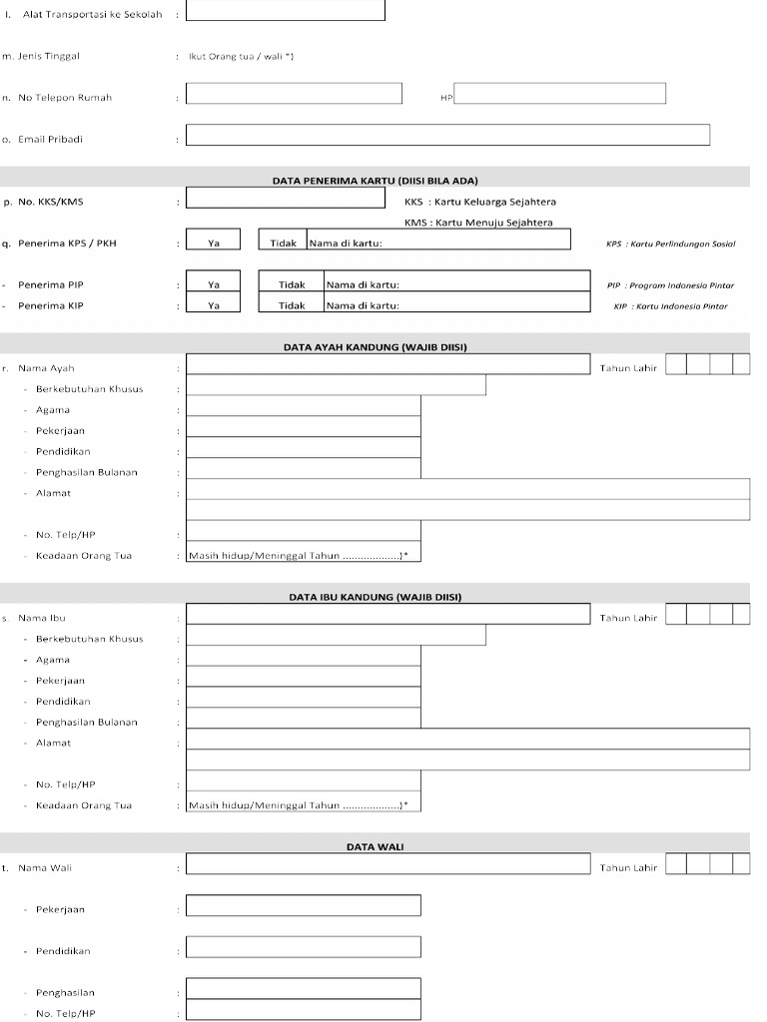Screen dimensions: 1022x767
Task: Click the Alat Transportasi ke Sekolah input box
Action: pyautogui.click(x=286, y=11)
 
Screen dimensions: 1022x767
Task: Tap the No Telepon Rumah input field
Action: pyautogui.click(x=294, y=94)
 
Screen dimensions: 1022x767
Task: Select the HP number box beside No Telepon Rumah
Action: pyautogui.click(x=560, y=94)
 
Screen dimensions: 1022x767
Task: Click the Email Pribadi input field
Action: pyautogui.click(x=447, y=136)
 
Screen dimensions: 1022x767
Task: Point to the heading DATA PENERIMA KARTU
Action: pyautogui.click(x=376, y=181)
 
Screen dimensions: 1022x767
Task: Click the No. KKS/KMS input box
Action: pyautogui.click(x=286, y=198)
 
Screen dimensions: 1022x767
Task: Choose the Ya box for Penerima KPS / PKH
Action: pyautogui.click(x=214, y=243)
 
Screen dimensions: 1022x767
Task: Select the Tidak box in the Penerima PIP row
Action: pyautogui.click(x=292, y=284)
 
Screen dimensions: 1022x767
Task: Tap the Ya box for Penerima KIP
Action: pyautogui.click(x=214, y=305)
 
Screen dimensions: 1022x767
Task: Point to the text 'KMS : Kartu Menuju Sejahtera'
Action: pyautogui.click(x=478, y=223)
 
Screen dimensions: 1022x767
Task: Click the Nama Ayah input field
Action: pyautogui.click(x=387, y=365)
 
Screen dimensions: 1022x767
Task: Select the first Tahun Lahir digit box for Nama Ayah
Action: pyautogui.click(x=676, y=365)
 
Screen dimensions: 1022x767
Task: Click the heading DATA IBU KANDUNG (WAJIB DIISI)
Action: pyautogui.click(x=376, y=597)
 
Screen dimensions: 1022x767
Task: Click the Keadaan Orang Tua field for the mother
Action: pyautogui.click(x=304, y=804)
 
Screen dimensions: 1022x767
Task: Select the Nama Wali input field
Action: pyautogui.click(x=387, y=864)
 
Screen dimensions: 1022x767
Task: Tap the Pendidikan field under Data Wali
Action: pyautogui.click(x=304, y=948)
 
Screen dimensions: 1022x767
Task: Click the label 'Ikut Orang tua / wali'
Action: pyautogui.click(x=241, y=56)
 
